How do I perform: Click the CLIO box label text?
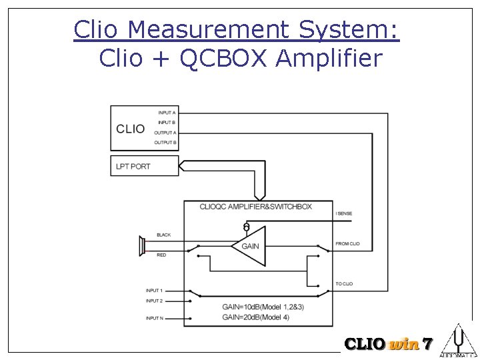[x=130, y=129]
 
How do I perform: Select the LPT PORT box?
[x=144, y=166]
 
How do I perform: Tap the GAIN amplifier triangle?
[x=248, y=246]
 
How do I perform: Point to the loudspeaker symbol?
[x=142, y=245]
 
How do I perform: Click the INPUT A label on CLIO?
[x=167, y=113]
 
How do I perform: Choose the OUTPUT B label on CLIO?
[x=165, y=143]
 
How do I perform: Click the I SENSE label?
[x=344, y=213]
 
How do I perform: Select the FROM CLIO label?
[x=347, y=244]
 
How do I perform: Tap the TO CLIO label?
[x=344, y=285]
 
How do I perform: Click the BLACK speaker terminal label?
[x=163, y=235]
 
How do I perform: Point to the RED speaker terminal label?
[x=161, y=255]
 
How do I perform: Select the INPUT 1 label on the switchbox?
[x=154, y=291]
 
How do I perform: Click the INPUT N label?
[x=154, y=319]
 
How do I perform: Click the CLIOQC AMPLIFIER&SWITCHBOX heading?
[x=255, y=207]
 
